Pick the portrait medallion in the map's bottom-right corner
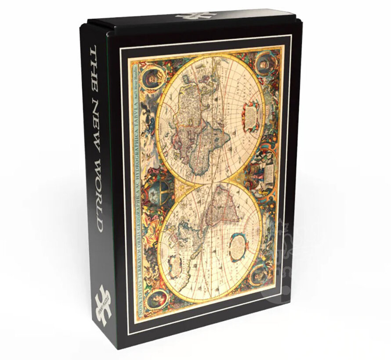[x=262, y=274]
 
